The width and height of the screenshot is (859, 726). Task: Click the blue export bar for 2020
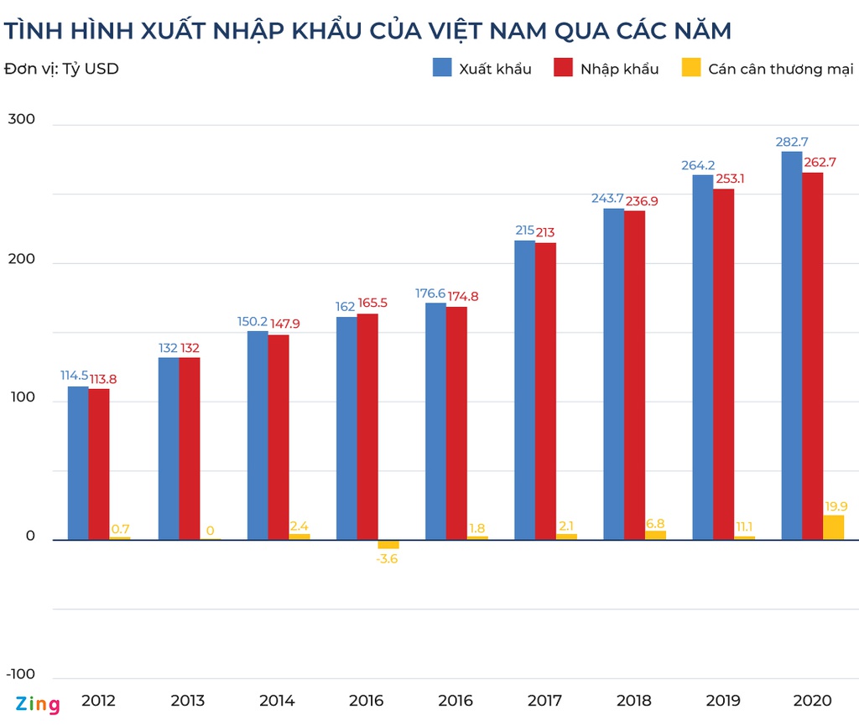pyautogui.click(x=792, y=345)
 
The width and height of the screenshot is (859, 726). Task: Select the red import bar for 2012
pyautogui.click(x=99, y=464)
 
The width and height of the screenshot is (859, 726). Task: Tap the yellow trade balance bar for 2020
pyautogui.click(x=834, y=527)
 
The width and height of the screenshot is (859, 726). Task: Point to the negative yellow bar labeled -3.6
pyautogui.click(x=388, y=544)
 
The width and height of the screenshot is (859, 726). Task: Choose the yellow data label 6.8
pyautogui.click(x=655, y=522)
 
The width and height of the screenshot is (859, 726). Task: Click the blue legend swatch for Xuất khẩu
pyautogui.click(x=442, y=68)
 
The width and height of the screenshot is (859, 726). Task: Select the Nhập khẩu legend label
pyautogui.click(x=619, y=69)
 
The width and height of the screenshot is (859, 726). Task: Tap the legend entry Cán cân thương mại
pyautogui.click(x=780, y=69)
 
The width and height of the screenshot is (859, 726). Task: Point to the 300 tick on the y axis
pyautogui.click(x=22, y=119)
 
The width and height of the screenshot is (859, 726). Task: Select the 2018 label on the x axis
pyautogui.click(x=633, y=701)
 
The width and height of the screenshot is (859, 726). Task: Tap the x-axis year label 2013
pyautogui.click(x=187, y=701)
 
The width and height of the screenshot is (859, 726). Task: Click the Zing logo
pyautogui.click(x=38, y=704)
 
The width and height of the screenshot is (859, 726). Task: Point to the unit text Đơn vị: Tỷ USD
pyautogui.click(x=61, y=69)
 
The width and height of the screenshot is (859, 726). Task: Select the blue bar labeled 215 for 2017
pyautogui.click(x=524, y=390)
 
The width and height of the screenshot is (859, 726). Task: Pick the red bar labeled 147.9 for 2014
pyautogui.click(x=278, y=437)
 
